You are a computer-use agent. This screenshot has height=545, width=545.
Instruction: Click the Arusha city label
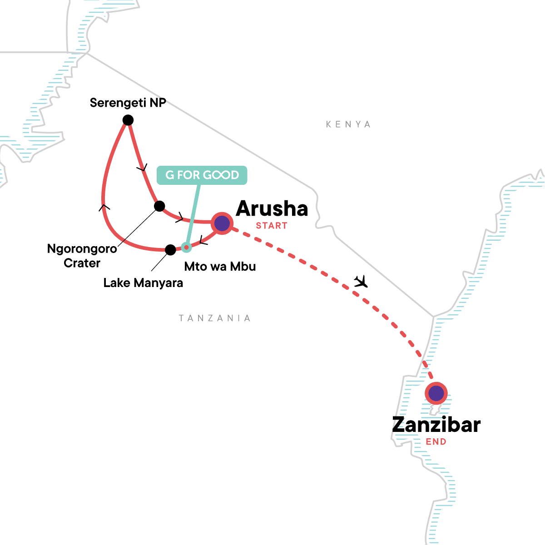pos(272,208)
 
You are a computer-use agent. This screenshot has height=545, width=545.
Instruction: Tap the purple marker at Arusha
pos(222,223)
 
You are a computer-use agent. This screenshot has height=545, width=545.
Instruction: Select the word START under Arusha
pos(272,226)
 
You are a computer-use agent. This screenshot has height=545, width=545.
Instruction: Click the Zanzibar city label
pos(436,425)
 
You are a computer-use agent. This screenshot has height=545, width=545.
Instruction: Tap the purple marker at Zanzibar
pos(436,393)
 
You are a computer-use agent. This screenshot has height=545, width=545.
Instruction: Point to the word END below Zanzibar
pos(436,442)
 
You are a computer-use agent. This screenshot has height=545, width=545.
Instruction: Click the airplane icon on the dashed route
pos(361,282)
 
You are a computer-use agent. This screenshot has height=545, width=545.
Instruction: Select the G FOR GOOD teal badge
pos(202,175)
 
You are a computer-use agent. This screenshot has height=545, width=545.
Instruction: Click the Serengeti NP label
pos(128,103)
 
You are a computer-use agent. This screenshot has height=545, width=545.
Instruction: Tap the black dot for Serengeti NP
pos(128,120)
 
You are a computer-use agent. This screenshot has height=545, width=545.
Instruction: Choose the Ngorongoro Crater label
pos(82,256)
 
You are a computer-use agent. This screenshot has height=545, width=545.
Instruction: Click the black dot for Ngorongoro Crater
pos(159,206)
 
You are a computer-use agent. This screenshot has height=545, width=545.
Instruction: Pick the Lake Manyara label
pos(143,283)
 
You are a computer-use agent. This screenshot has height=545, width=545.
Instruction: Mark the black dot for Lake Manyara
pos(170,250)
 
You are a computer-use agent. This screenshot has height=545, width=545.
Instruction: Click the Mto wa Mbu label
pos(220,267)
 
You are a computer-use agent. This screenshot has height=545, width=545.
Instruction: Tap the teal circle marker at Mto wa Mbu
pos(186,247)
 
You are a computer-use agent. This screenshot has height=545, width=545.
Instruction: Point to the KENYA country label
pos(348,124)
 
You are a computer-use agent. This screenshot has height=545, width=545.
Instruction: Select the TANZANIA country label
pos(215,318)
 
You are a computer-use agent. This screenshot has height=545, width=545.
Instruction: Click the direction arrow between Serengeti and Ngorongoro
pos(143,168)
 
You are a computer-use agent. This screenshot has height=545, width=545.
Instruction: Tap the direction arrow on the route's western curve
pos(104,207)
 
